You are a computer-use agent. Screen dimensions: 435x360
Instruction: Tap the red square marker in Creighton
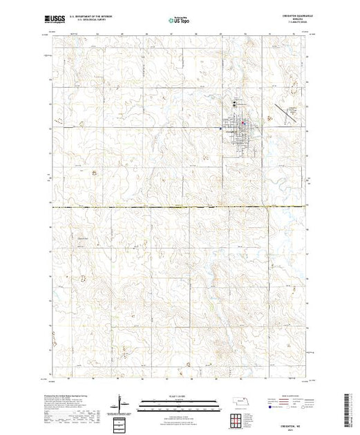pyautogui.click(x=244, y=124)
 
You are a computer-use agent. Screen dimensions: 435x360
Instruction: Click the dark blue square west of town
pyautogui.click(x=220, y=128)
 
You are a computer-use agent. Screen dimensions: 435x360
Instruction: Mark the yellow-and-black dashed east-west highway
pyautogui.click(x=138, y=207)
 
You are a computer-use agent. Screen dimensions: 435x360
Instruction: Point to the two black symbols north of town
pyautogui.click(x=238, y=104)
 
